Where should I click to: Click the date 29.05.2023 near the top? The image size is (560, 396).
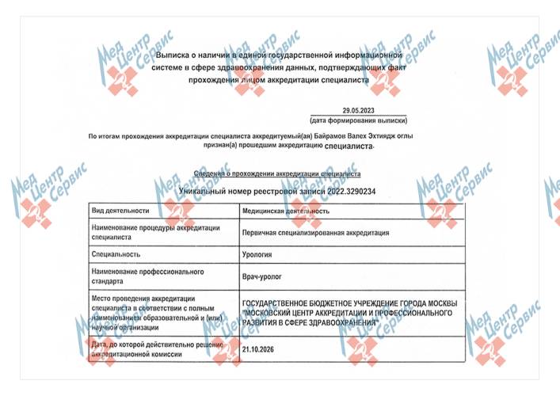[360, 112]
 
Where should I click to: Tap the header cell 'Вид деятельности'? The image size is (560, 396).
[120, 211]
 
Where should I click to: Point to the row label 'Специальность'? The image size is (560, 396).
[116, 254]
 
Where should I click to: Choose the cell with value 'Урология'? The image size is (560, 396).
[257, 254]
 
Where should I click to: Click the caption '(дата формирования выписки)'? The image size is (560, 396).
[360, 121]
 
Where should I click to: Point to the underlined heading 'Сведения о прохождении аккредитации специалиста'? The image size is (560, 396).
[277, 173]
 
